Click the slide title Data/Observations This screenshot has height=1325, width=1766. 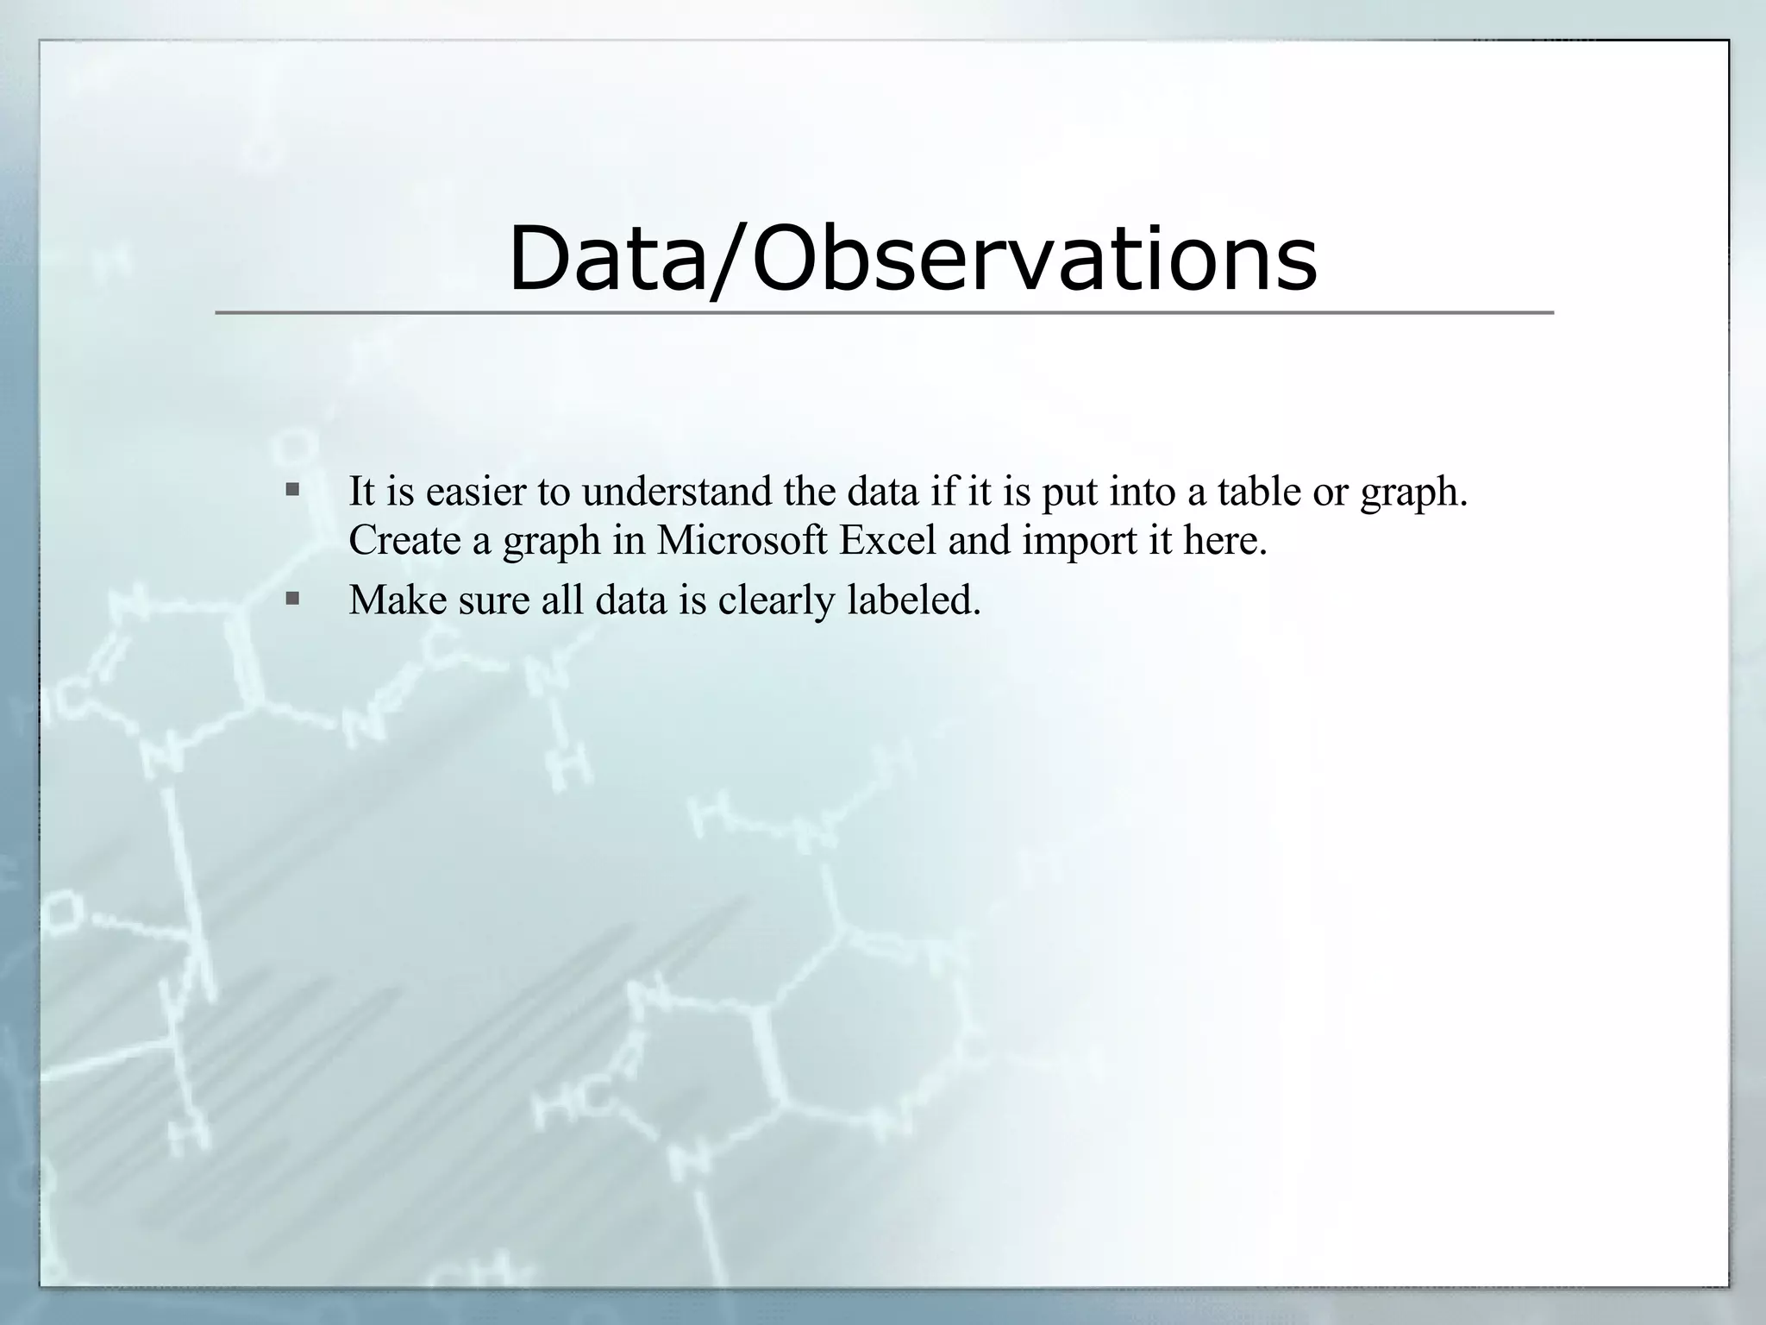pos(912,258)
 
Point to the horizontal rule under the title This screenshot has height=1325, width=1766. pos(884,312)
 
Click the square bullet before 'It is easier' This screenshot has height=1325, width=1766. pos(292,490)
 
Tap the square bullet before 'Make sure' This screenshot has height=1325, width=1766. pos(292,598)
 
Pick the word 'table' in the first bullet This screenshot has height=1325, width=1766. pos(1259,492)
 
